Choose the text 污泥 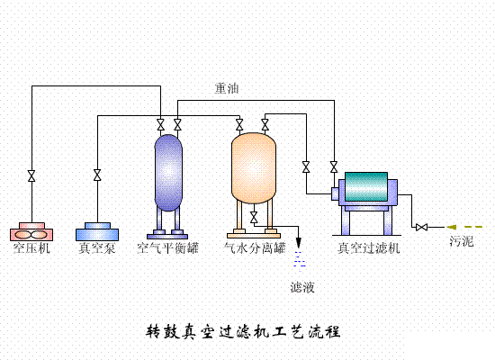coord(462,243)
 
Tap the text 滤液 coord(302,287)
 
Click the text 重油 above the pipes coord(226,88)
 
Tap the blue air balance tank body coord(168,171)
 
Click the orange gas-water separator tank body coord(253,167)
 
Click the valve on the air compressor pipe coord(32,175)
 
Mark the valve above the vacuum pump coord(97,175)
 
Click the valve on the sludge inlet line coord(420,226)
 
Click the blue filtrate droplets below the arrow coord(300,262)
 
